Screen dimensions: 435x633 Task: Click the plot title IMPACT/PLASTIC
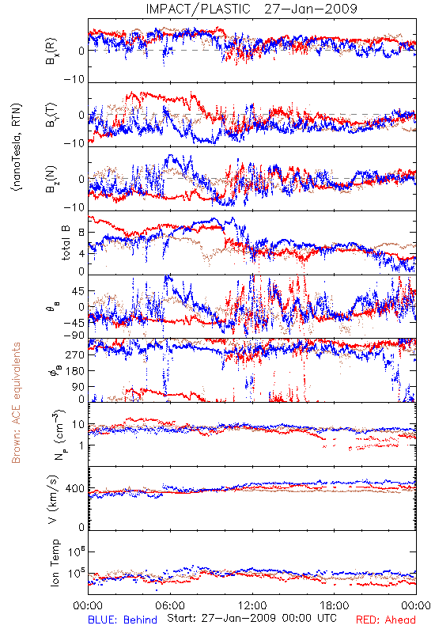(x=199, y=9)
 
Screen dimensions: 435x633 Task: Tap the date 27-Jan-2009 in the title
(x=311, y=9)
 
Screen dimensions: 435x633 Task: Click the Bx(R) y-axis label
(x=51, y=51)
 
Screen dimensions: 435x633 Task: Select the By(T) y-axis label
(x=51, y=115)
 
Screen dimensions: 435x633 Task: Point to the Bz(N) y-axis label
(x=51, y=179)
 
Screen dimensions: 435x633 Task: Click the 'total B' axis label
(x=66, y=243)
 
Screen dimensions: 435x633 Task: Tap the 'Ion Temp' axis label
(x=55, y=563)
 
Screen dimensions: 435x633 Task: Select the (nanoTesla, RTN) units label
(x=17, y=147)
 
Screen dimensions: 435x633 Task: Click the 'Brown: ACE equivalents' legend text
(x=16, y=403)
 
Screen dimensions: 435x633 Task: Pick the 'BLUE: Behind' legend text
(x=123, y=620)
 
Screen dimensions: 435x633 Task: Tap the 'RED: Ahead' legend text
(x=386, y=620)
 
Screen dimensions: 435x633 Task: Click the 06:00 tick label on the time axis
(x=170, y=605)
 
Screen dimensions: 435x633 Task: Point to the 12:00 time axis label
(x=252, y=605)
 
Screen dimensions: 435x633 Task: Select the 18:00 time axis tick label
(x=335, y=605)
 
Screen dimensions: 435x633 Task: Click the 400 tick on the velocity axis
(x=75, y=489)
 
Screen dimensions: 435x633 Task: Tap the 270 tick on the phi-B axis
(x=75, y=355)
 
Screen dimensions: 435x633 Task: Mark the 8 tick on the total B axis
(x=81, y=233)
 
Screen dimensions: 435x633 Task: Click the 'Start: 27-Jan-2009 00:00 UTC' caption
(x=252, y=618)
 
